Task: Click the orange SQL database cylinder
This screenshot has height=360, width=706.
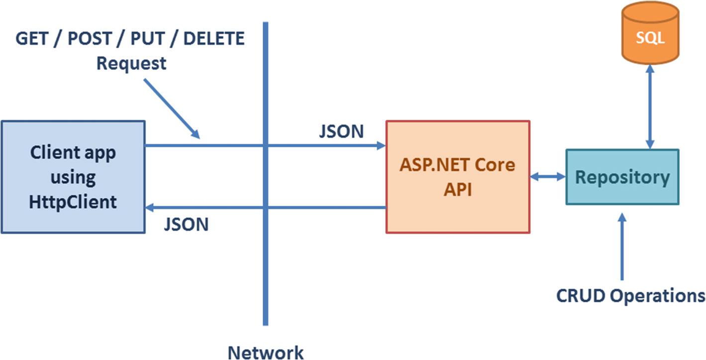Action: coord(650,38)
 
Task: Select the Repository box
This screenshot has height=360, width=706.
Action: coord(622,177)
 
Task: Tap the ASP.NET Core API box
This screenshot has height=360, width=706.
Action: coord(458,177)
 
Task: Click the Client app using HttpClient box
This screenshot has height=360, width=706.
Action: coord(73,177)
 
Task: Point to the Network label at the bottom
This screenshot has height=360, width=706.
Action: coord(265,352)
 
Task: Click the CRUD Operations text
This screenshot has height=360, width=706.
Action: coord(630,295)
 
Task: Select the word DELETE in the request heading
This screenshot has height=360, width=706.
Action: coord(214,38)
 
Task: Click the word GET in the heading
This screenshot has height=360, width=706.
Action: coord(35,38)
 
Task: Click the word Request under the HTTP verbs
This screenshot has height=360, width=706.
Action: coord(131,64)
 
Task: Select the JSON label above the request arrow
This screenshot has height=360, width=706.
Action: coord(341,131)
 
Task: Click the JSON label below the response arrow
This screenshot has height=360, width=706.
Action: coord(186,224)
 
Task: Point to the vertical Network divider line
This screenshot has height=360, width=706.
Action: coord(265,273)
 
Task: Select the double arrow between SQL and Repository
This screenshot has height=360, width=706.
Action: coord(649,107)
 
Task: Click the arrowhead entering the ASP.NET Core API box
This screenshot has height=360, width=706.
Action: coord(382,145)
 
